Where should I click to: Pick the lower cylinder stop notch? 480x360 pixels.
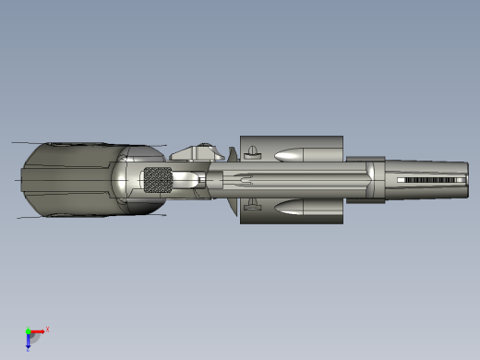(253, 207)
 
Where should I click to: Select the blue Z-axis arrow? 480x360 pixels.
(28, 341)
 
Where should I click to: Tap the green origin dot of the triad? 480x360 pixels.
(28, 330)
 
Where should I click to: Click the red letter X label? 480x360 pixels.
(47, 329)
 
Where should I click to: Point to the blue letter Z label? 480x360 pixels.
(28, 350)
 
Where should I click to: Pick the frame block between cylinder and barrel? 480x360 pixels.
(366, 179)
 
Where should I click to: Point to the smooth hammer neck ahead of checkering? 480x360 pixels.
(185, 180)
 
